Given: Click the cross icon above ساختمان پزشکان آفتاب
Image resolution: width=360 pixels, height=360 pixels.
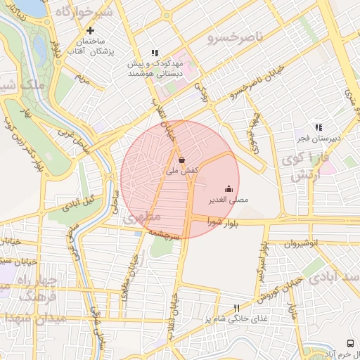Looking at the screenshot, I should pos(90,30).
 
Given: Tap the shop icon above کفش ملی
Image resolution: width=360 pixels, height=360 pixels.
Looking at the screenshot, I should pos(182,159).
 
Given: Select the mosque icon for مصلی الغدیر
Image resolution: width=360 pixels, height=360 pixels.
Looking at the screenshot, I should pos(229,188).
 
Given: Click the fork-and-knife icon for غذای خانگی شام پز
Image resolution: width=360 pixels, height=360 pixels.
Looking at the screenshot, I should pos(236,308).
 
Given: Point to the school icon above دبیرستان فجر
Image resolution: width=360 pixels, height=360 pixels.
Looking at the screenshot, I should pos(319,127).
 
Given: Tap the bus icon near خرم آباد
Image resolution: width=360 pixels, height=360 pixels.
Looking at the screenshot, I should pos(350,342).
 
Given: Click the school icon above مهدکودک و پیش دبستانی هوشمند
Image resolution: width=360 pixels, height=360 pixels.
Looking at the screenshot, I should pos(155,52).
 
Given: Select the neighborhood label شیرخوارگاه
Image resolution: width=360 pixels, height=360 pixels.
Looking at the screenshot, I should pos(84,13).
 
